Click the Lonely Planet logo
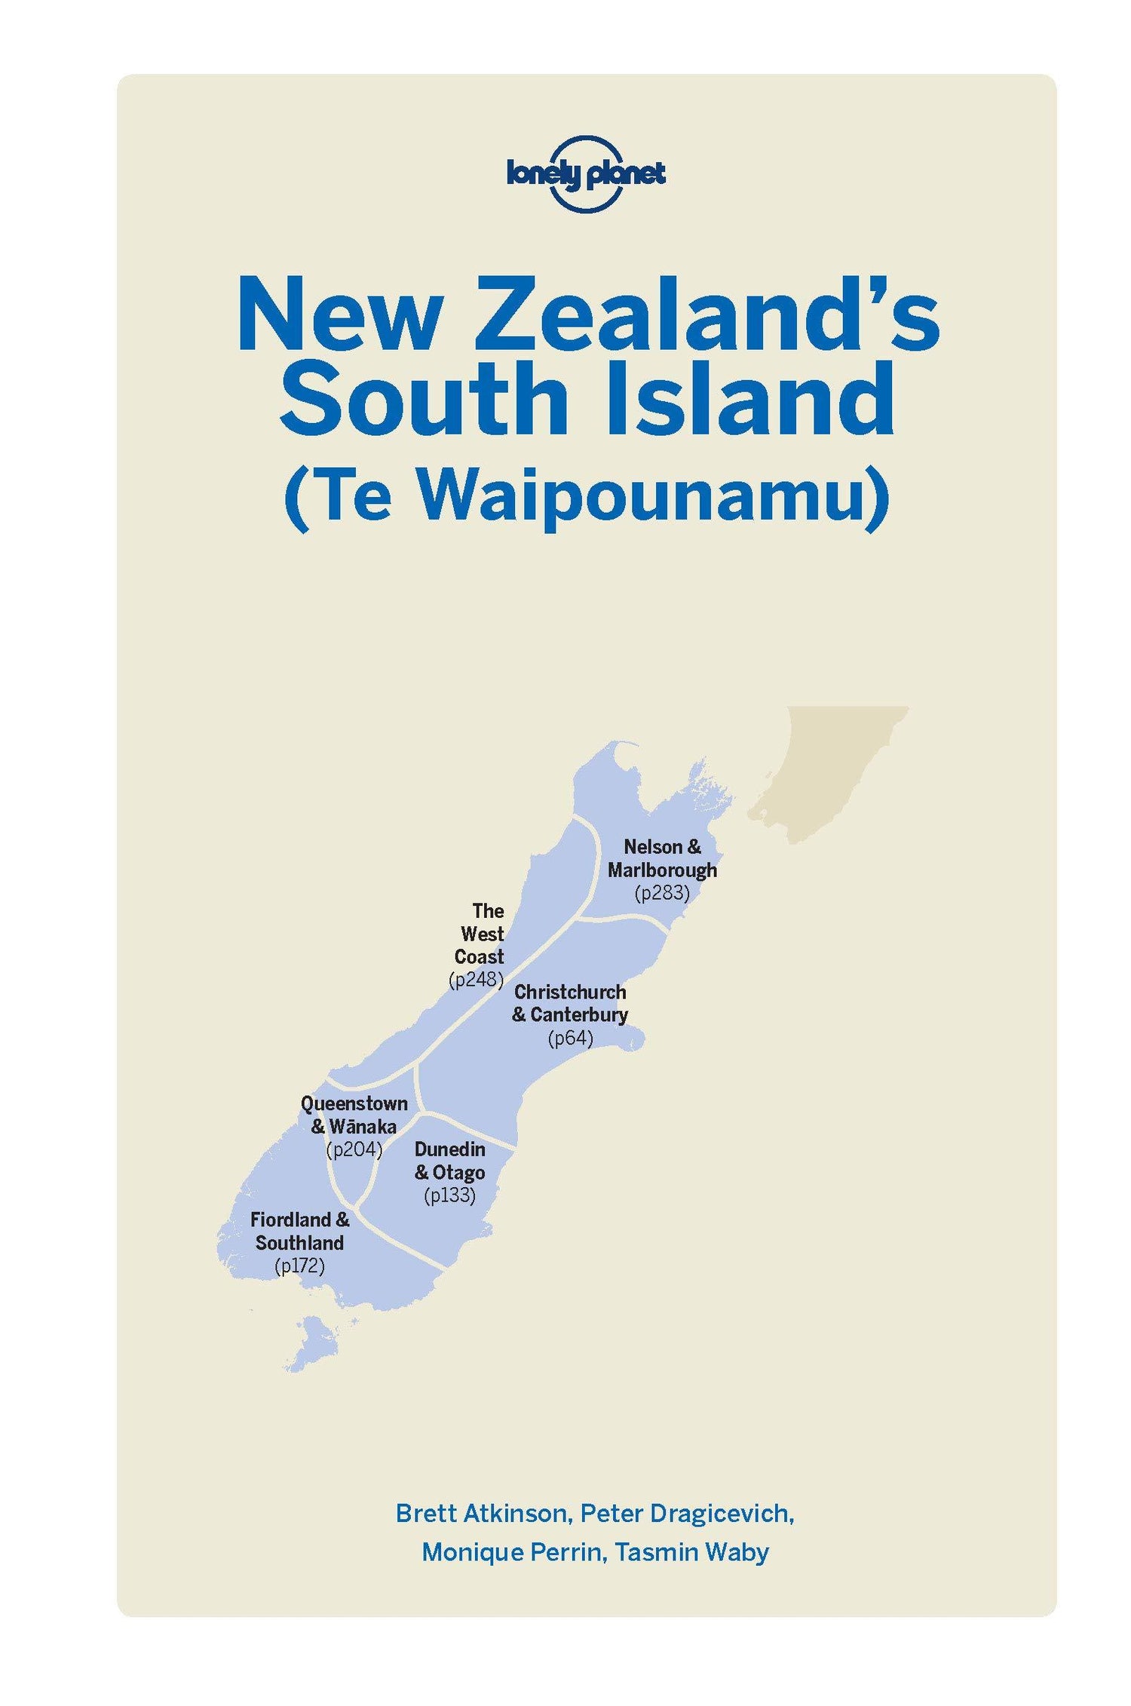pos(586,175)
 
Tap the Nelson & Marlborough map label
pos(662,858)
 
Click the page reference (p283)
pos(662,893)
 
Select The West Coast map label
pos(480,934)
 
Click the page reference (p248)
pos(476,980)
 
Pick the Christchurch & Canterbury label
pos(570,1003)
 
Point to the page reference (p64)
pos(570,1039)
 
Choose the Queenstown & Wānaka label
pos(354,1115)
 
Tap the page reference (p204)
pos(354,1149)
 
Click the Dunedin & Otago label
pos(450,1161)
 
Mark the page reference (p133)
pos(450,1195)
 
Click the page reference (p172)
pos(299,1266)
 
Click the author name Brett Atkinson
pos(481,1513)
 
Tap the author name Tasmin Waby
pos(691,1551)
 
